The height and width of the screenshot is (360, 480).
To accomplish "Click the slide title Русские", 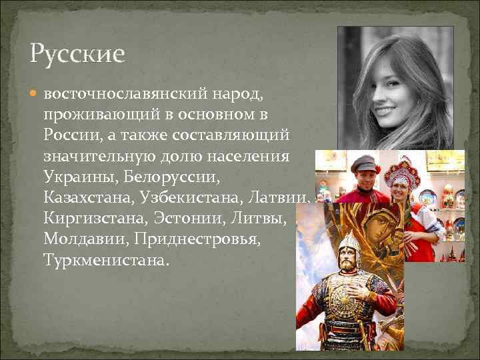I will [x=77, y=53].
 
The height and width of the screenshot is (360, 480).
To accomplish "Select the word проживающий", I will [x=95, y=114].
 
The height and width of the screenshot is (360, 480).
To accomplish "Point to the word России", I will [x=69, y=135].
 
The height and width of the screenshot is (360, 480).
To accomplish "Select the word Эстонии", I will [x=189, y=218].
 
